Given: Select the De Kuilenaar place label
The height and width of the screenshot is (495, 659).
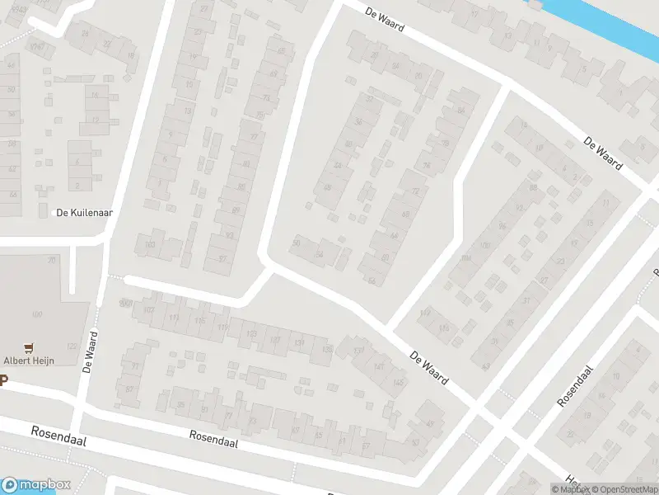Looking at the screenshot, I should pyautogui.click(x=83, y=212).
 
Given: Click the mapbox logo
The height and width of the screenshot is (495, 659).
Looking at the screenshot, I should pyautogui.click(x=36, y=485).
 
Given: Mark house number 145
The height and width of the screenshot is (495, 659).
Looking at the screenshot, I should pyautogui.click(x=399, y=382).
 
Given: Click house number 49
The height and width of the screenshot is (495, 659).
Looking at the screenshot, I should pyautogui.click(x=487, y=365).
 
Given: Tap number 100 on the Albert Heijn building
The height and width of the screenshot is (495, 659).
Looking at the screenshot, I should pyautogui.click(x=36, y=314).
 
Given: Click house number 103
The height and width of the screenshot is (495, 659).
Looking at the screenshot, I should pyautogui.click(x=149, y=245).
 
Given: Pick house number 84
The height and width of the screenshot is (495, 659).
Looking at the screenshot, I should pyautogui.click(x=461, y=110).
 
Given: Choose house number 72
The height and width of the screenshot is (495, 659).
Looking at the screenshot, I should pyautogui.click(x=415, y=191).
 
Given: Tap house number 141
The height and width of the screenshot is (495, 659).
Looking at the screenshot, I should pyautogui.click(x=378, y=366).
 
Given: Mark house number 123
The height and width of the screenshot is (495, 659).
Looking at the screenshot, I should pyautogui.click(x=252, y=333).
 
